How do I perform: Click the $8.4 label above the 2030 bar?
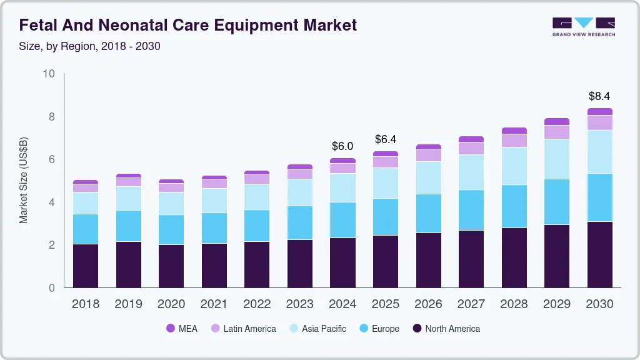[x=599, y=96]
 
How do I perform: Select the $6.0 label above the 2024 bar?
[x=342, y=146]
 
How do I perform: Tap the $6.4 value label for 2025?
[x=386, y=139]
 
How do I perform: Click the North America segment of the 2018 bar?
[x=86, y=266]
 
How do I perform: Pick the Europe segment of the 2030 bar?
[x=599, y=197]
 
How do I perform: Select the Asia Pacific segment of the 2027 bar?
[x=471, y=172]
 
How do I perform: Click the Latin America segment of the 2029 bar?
[x=557, y=132]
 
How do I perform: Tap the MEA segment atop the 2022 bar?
[x=257, y=172]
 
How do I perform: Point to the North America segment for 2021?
[x=214, y=266]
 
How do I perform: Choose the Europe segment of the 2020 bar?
[x=171, y=229]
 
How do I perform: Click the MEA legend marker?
[x=170, y=328]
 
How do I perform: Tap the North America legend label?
[x=452, y=328]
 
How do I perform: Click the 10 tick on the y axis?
[x=49, y=74]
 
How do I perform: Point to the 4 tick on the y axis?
[x=52, y=202]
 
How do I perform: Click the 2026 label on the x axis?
[x=428, y=304]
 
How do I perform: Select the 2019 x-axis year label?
[x=128, y=304]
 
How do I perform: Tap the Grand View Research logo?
[x=583, y=26]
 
